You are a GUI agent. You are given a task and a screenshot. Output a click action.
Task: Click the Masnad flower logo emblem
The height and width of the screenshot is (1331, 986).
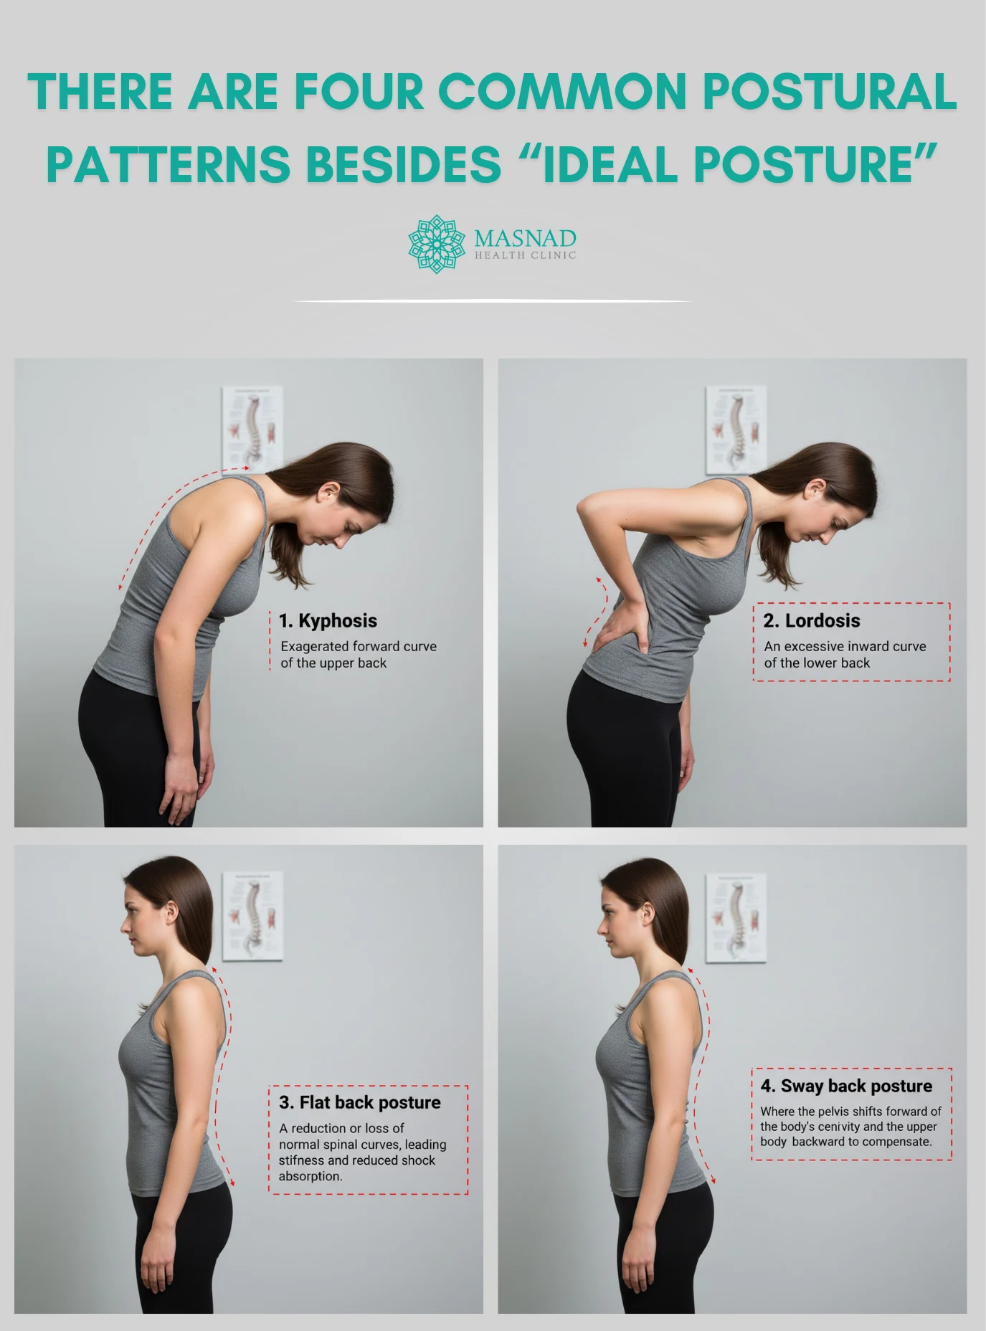tap(435, 244)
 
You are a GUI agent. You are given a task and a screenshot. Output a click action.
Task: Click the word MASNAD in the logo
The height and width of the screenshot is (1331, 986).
tap(525, 238)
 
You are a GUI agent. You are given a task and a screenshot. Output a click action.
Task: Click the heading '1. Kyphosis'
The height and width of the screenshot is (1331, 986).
tap(328, 620)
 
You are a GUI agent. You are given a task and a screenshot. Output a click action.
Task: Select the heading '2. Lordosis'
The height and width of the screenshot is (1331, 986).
tap(812, 620)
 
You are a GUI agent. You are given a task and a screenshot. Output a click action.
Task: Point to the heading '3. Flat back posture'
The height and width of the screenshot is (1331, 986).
tap(360, 1102)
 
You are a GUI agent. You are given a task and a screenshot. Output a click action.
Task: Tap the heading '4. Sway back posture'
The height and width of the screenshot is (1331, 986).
tap(846, 1086)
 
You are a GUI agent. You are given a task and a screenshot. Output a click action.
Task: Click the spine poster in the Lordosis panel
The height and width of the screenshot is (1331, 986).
tap(736, 429)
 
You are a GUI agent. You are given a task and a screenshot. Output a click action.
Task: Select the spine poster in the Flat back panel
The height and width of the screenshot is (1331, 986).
tap(252, 915)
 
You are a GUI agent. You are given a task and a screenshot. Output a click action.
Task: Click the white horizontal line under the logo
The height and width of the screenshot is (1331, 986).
tap(493, 301)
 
